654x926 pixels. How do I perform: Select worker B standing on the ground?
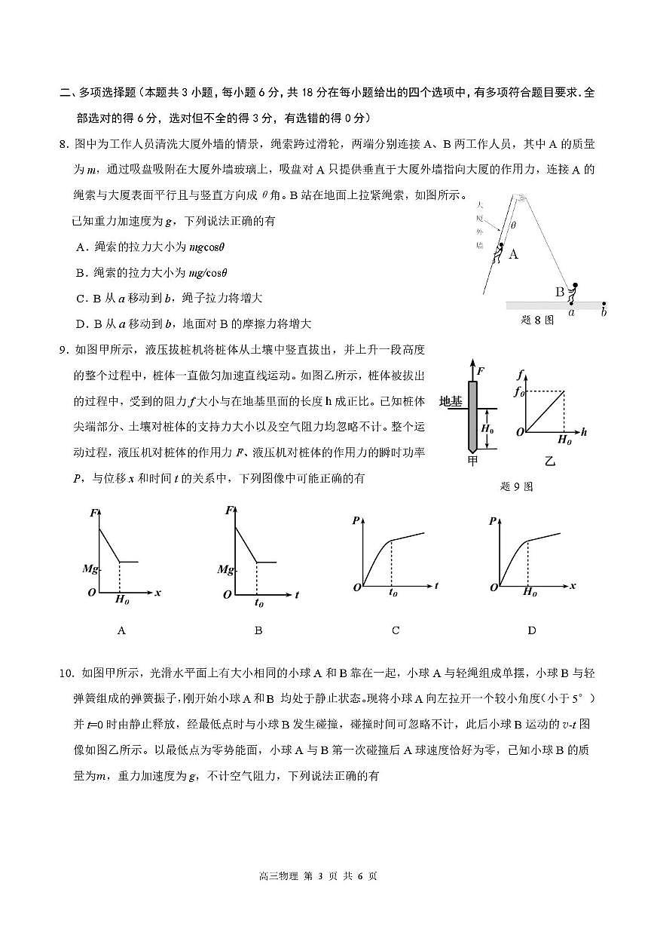coord(573,293)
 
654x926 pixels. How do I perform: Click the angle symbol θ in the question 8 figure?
coord(514,225)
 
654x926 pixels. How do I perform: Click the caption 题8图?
coord(537,319)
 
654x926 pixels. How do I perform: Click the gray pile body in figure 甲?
coord(472,414)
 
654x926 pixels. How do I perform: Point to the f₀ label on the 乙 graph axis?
coord(518,391)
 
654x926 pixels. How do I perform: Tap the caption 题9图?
coord(516,486)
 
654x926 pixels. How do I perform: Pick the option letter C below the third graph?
coord(396,630)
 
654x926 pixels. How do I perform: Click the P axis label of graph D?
coord(492,520)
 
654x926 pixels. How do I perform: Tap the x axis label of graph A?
coord(158,593)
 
